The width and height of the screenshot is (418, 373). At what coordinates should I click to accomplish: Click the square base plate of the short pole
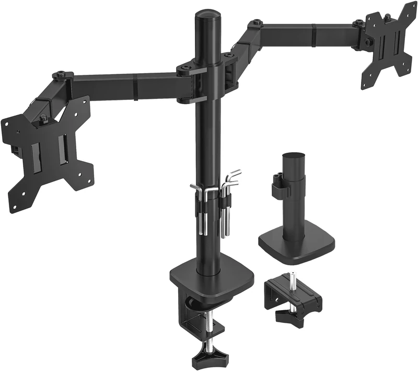[x=296, y=242]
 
